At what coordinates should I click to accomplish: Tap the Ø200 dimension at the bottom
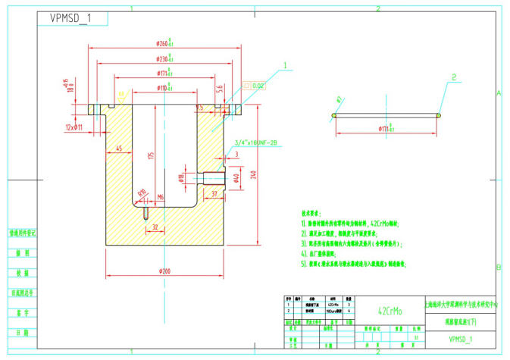(164, 271)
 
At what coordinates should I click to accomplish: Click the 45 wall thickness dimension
(119, 149)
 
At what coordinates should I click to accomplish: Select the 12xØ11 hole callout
(74, 127)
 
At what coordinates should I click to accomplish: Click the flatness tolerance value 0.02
(258, 86)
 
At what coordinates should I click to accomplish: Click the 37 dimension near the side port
(214, 194)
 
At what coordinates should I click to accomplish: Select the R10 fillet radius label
(142, 193)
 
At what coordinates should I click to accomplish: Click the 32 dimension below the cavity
(155, 227)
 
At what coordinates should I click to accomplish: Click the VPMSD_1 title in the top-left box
(70, 18)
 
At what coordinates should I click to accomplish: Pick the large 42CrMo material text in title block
(391, 311)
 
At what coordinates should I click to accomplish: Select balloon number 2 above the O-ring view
(453, 77)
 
